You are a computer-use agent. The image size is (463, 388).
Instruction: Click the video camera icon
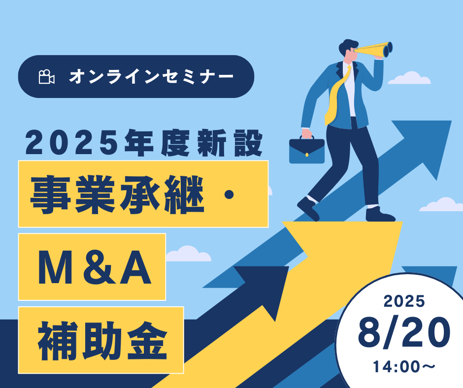click(x=47, y=77)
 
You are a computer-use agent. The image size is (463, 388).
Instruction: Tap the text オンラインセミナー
click(x=151, y=77)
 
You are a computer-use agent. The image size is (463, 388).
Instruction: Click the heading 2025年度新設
click(x=144, y=143)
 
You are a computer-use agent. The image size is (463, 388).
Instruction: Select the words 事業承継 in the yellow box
click(x=117, y=194)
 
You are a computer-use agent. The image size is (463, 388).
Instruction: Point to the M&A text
click(x=95, y=267)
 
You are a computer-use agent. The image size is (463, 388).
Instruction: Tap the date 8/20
click(x=404, y=332)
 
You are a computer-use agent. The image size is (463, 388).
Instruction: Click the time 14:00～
click(x=404, y=367)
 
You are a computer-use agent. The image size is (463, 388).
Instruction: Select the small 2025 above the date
click(x=404, y=301)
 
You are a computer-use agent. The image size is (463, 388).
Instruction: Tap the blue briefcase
click(x=307, y=151)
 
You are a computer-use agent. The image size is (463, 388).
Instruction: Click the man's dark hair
click(x=348, y=47)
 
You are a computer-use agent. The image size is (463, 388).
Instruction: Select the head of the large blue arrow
click(x=426, y=145)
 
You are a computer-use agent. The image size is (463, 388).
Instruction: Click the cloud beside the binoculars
click(x=409, y=78)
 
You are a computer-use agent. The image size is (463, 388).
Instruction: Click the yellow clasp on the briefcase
click(x=307, y=155)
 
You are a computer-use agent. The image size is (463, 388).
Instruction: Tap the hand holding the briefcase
click(x=306, y=133)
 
